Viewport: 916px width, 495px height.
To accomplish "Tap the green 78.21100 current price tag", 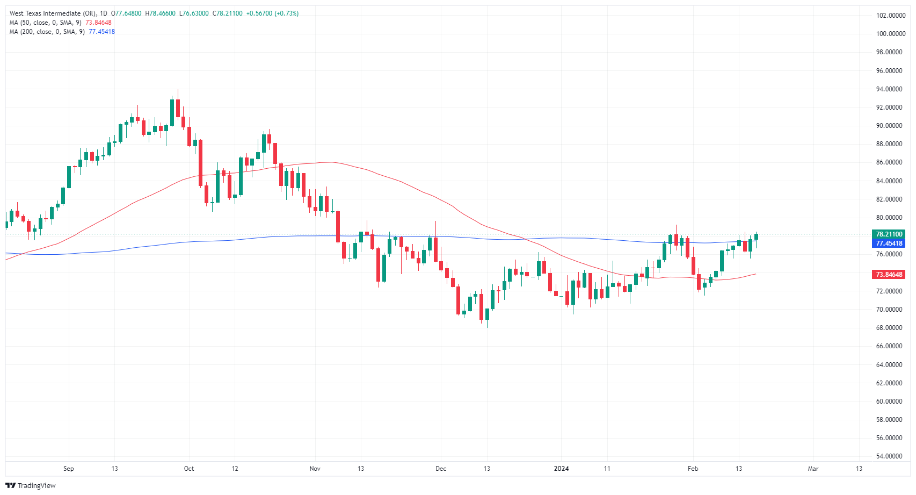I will tap(889, 234).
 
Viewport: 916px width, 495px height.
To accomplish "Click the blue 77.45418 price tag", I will tap(889, 243).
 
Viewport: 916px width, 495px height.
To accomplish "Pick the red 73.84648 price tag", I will tap(889, 275).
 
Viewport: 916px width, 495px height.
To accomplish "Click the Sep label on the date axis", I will tap(69, 469).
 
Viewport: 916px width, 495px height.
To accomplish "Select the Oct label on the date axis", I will tap(189, 469).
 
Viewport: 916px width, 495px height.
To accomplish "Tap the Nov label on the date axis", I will tap(315, 469).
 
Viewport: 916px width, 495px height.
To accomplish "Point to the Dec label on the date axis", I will tap(441, 469).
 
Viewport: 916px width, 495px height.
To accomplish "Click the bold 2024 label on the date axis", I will tap(561, 469).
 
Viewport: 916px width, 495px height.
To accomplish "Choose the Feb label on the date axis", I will tap(693, 469).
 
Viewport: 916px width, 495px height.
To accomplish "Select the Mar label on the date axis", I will tap(813, 469).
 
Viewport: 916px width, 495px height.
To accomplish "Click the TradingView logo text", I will tap(36, 486).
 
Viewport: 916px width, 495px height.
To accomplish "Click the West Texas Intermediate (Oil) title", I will tap(53, 13).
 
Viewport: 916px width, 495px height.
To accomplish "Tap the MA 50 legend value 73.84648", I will tap(99, 23).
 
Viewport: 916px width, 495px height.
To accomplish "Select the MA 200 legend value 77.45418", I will tap(101, 32).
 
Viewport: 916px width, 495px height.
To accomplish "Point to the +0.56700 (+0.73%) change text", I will tap(272, 13).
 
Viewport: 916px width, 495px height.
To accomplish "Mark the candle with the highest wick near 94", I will tap(178, 107).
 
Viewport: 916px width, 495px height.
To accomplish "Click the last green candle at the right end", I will tap(756, 236).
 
